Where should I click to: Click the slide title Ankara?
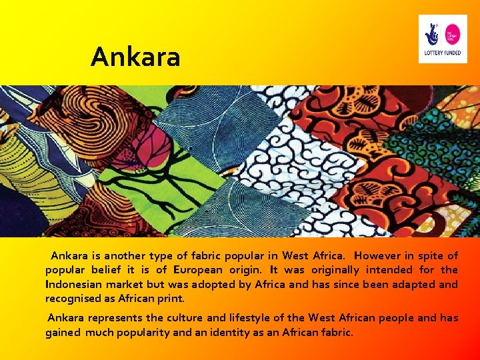click(x=135, y=57)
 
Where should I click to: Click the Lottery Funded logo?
click(x=443, y=39)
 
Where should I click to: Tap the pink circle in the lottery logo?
click(x=453, y=33)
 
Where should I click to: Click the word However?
click(x=381, y=256)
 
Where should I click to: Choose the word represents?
click(x=113, y=318)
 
